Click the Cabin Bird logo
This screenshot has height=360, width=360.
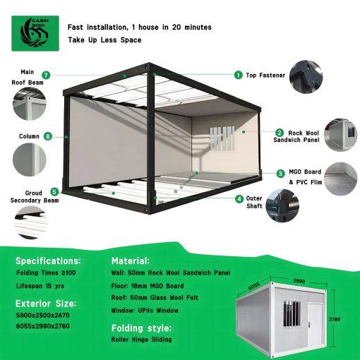35,33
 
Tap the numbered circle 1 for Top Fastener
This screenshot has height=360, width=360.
238,75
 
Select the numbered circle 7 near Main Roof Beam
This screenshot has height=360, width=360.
46,76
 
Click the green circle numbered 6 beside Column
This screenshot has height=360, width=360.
48,136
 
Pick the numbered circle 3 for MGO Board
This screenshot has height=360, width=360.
280,174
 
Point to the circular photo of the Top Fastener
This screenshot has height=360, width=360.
306,77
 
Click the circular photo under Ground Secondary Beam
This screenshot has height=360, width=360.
30,222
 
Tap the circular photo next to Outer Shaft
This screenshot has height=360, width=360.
282,205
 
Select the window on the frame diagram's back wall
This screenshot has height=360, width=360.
222,139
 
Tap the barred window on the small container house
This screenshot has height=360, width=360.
292,313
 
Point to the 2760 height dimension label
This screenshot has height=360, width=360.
335,319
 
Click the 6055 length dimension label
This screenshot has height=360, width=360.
253,286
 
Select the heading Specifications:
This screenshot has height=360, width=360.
48,261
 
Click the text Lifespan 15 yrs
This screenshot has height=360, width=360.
40,286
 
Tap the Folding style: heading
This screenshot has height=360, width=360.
141,328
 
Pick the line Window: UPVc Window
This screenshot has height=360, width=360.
145,311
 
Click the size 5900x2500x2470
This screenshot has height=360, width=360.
42,316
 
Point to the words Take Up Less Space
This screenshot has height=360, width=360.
104,40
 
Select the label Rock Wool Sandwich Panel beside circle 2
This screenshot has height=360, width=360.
296,136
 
